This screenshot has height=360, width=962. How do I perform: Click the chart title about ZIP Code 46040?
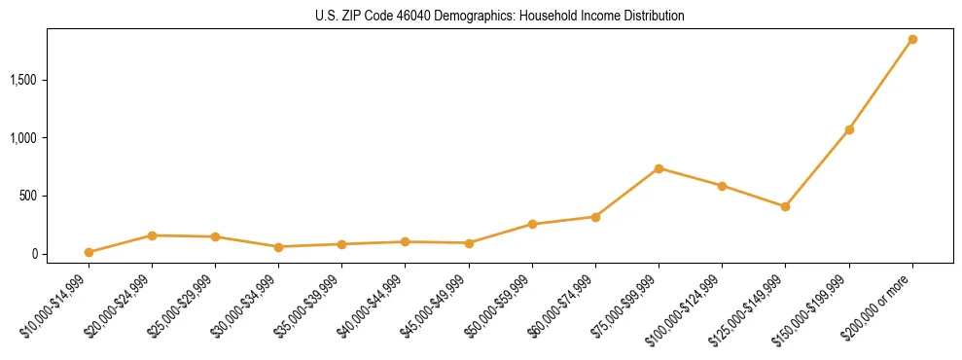pyautogui.click(x=500, y=17)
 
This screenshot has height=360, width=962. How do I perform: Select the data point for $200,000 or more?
pyautogui.click(x=912, y=40)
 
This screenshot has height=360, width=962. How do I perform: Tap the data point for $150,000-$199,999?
pyautogui.click(x=849, y=129)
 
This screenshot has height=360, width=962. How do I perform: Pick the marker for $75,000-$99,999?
pyautogui.click(x=659, y=168)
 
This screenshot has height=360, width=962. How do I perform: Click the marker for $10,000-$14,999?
pyautogui.click(x=89, y=252)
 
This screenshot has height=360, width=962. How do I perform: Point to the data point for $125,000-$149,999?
pyautogui.click(x=785, y=206)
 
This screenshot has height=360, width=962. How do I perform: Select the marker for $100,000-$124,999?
pyautogui.click(x=722, y=186)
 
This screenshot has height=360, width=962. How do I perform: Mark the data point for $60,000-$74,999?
pyautogui.click(x=595, y=217)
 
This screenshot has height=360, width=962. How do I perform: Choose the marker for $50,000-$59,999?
pyautogui.click(x=532, y=225)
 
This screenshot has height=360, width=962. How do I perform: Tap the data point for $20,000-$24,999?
pyautogui.click(x=152, y=235)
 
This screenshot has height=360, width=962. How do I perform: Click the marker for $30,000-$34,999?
pyautogui.click(x=278, y=247)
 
